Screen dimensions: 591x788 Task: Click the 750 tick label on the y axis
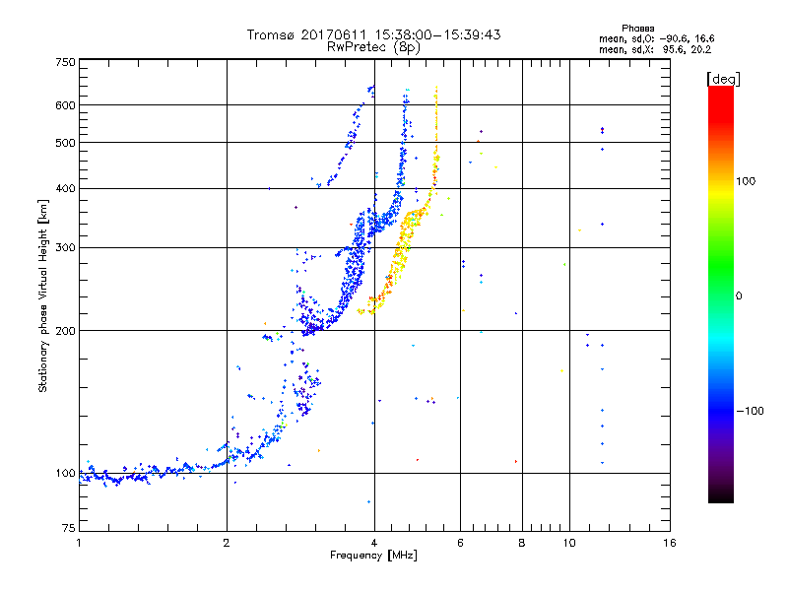tap(64, 61)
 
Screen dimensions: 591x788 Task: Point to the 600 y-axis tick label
tap(64, 104)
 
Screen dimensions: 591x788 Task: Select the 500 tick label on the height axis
tap(64, 143)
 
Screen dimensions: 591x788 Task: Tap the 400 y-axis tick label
tap(64, 188)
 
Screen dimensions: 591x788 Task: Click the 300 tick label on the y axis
tap(64, 247)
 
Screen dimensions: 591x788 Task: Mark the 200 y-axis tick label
tap(64, 331)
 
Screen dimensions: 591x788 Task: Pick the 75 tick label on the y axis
tap(67, 529)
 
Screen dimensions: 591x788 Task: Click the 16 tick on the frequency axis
tap(669, 543)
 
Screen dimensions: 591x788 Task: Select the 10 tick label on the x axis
tap(568, 543)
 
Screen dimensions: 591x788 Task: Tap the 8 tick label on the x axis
tap(522, 543)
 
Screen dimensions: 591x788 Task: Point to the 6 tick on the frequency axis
tap(460, 543)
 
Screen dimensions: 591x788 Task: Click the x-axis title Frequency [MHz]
tap(374, 557)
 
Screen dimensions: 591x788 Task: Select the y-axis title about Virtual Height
tap(43, 295)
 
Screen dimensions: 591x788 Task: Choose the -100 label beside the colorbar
tap(749, 411)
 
